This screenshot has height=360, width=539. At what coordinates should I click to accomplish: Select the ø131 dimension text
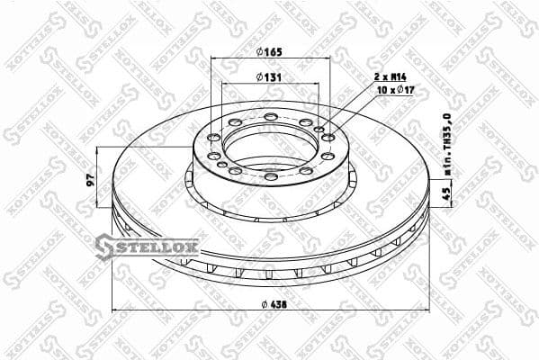click(269, 77)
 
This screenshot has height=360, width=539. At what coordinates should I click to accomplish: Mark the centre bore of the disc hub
click(269, 144)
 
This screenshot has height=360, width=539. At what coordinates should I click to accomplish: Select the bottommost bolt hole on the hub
click(270, 176)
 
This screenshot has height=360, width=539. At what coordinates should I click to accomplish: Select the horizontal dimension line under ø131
click(269, 85)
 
